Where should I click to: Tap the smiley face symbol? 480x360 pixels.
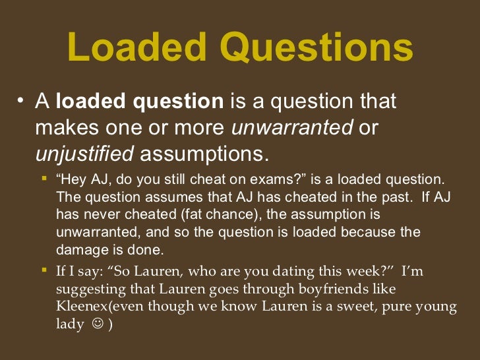(x=98, y=325)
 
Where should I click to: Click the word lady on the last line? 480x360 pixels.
(x=69, y=325)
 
